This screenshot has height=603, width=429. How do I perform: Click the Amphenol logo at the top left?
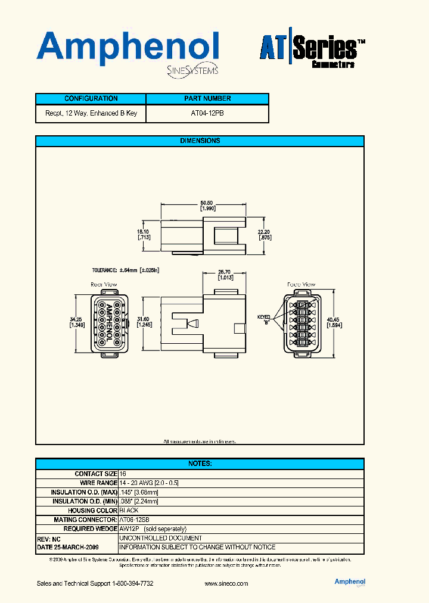[128, 49]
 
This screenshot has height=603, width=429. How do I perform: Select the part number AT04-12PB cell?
[207, 113]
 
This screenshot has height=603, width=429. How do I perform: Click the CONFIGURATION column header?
[91, 99]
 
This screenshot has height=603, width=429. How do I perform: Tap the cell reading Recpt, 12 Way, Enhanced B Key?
[91, 113]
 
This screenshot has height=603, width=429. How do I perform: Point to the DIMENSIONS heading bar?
[200, 141]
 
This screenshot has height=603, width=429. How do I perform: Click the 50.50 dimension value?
[207, 203]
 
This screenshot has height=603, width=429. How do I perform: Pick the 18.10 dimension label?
[144, 234]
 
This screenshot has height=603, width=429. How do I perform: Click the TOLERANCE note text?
[126, 270]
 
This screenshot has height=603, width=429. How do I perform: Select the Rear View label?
[104, 285]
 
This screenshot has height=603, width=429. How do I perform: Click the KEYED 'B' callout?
[263, 320]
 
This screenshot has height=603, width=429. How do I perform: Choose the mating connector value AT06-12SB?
[134, 520]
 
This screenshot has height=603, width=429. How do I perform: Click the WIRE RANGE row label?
[98, 483]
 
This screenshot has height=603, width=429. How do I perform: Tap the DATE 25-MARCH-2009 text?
[68, 547]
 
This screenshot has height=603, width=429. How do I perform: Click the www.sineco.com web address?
[226, 583]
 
